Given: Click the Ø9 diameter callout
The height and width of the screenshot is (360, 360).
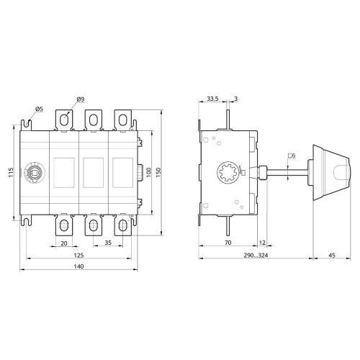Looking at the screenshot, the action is pyautogui.click(x=81, y=99).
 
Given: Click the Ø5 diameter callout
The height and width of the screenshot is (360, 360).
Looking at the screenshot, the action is pyautogui.click(x=39, y=109).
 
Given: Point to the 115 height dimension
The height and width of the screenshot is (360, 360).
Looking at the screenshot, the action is pyautogui.click(x=11, y=172).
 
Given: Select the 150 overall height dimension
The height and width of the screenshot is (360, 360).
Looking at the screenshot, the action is pyautogui.click(x=158, y=172).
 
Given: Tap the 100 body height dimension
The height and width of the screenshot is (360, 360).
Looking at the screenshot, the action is pyautogui.click(x=148, y=172).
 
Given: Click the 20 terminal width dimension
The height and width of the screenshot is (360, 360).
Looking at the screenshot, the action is pyautogui.click(x=64, y=243).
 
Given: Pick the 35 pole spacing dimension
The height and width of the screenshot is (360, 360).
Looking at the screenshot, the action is pyautogui.click(x=108, y=243).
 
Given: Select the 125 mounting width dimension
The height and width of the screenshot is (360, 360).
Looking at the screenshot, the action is pyautogui.click(x=78, y=255).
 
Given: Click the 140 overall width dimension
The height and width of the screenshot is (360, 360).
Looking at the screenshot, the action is pyautogui.click(x=78, y=266).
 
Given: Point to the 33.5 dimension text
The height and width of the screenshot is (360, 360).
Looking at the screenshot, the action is pyautogui.click(x=212, y=99).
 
